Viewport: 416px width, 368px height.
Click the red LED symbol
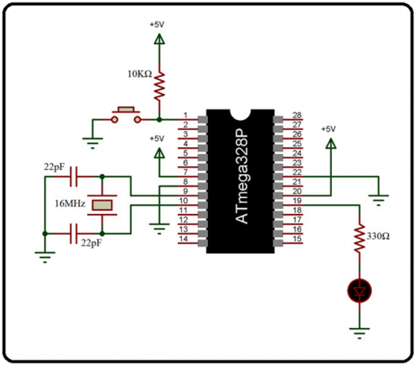tap(359, 291)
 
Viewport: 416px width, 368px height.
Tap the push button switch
tap(126, 111)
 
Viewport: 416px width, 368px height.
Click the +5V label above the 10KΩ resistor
tap(157, 25)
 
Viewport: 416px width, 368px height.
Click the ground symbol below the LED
tap(359, 334)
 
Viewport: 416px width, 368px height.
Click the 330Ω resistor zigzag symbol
tap(359, 236)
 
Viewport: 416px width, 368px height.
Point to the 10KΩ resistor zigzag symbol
tap(159, 81)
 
